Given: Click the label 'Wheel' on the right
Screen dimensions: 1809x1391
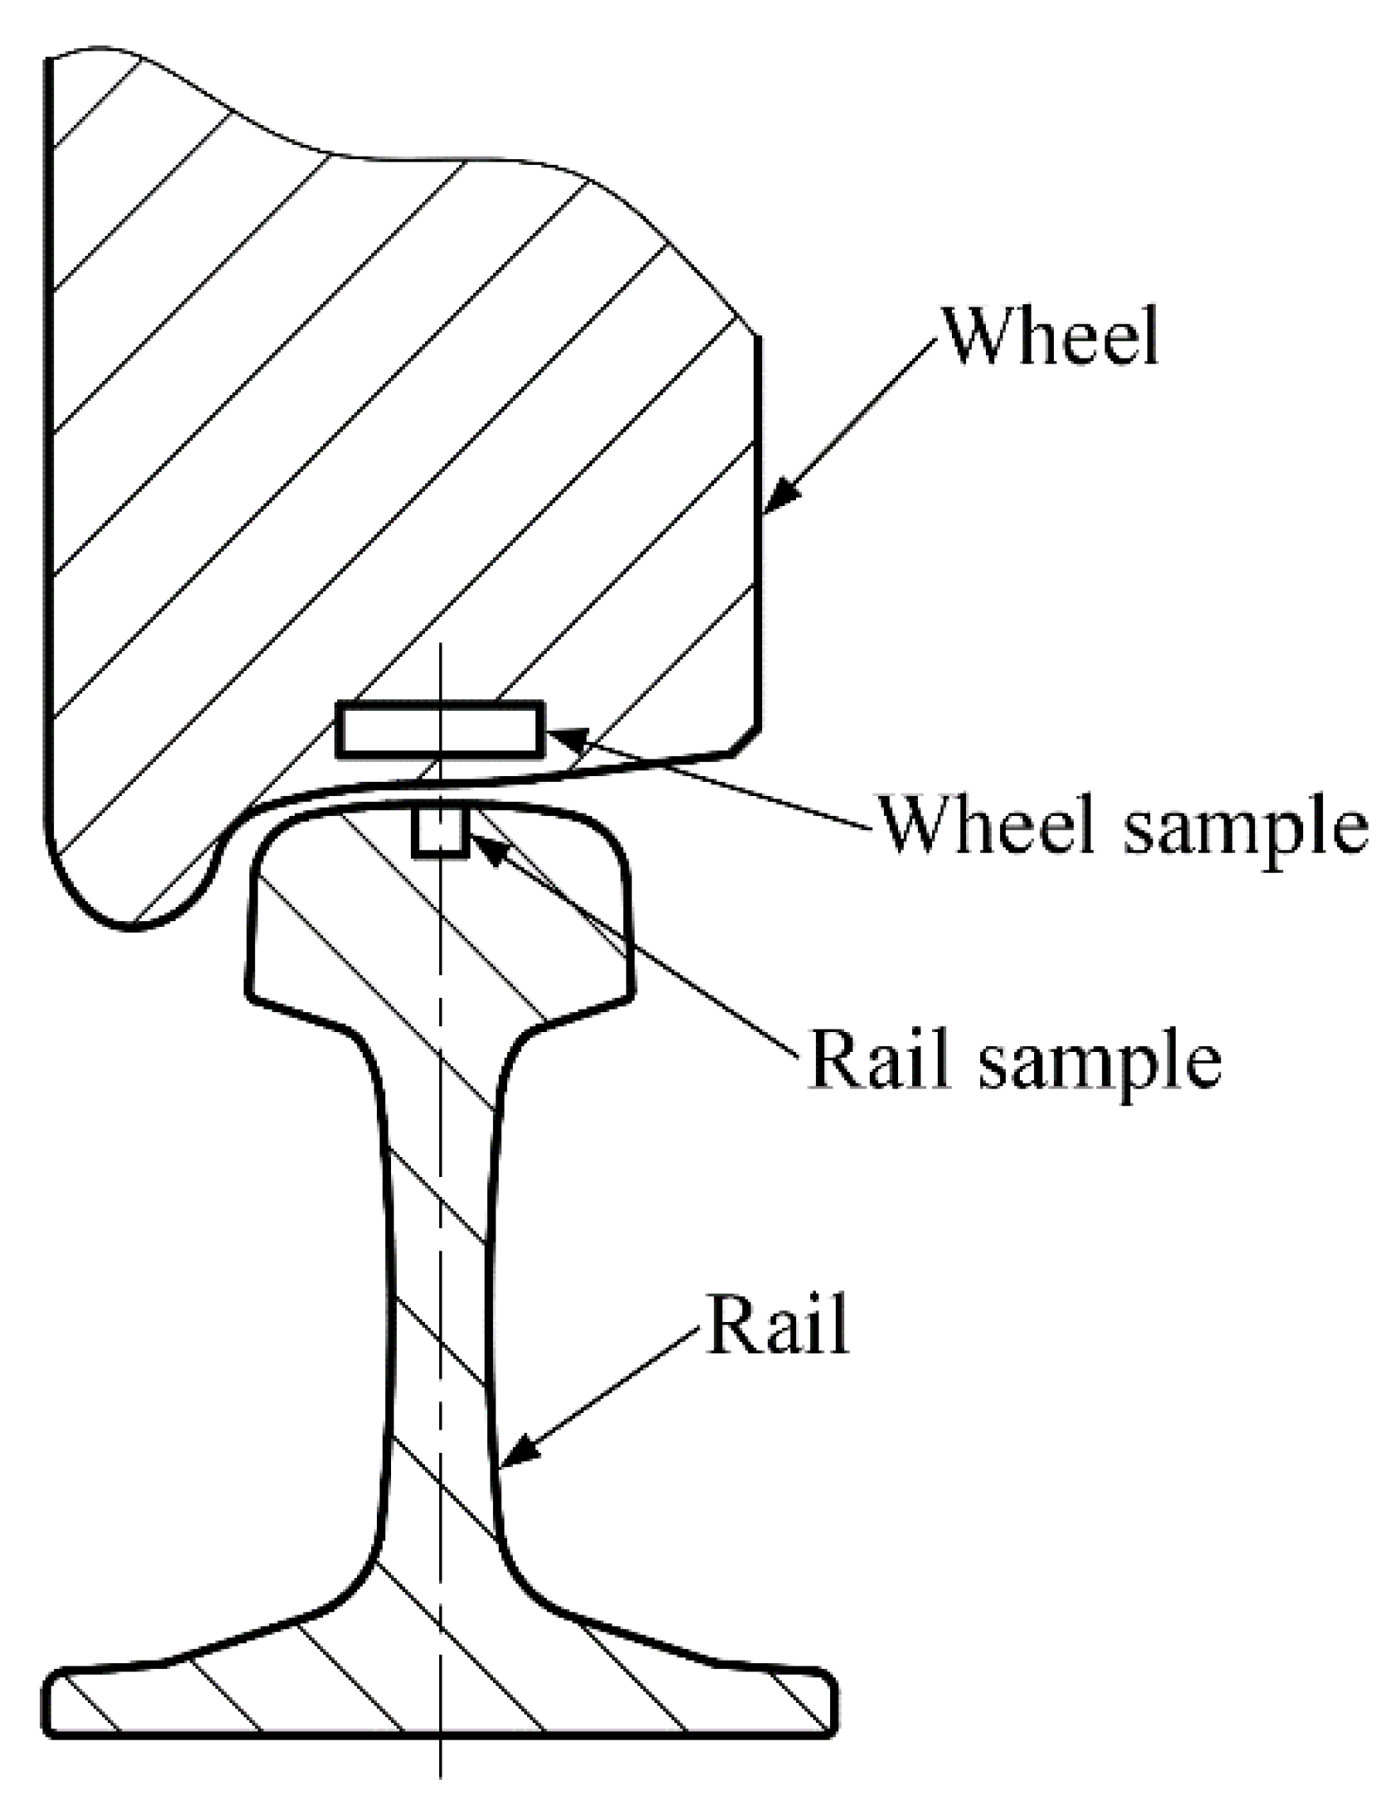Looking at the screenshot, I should tap(1050, 335).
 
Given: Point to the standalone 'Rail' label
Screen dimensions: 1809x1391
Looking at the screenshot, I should tap(776, 1323).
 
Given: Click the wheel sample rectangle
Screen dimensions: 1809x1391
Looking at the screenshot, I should tap(440, 729).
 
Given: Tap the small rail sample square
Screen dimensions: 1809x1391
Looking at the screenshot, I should tap(441, 832).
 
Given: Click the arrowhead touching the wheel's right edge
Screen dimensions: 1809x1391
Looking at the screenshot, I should tap(779, 497).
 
